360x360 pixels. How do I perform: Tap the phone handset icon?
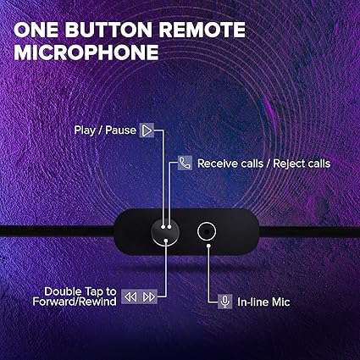pyautogui.click(x=186, y=163)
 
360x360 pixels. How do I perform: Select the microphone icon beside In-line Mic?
pyautogui.click(x=225, y=301)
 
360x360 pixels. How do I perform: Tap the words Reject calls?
pyautogui.click(x=298, y=163)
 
